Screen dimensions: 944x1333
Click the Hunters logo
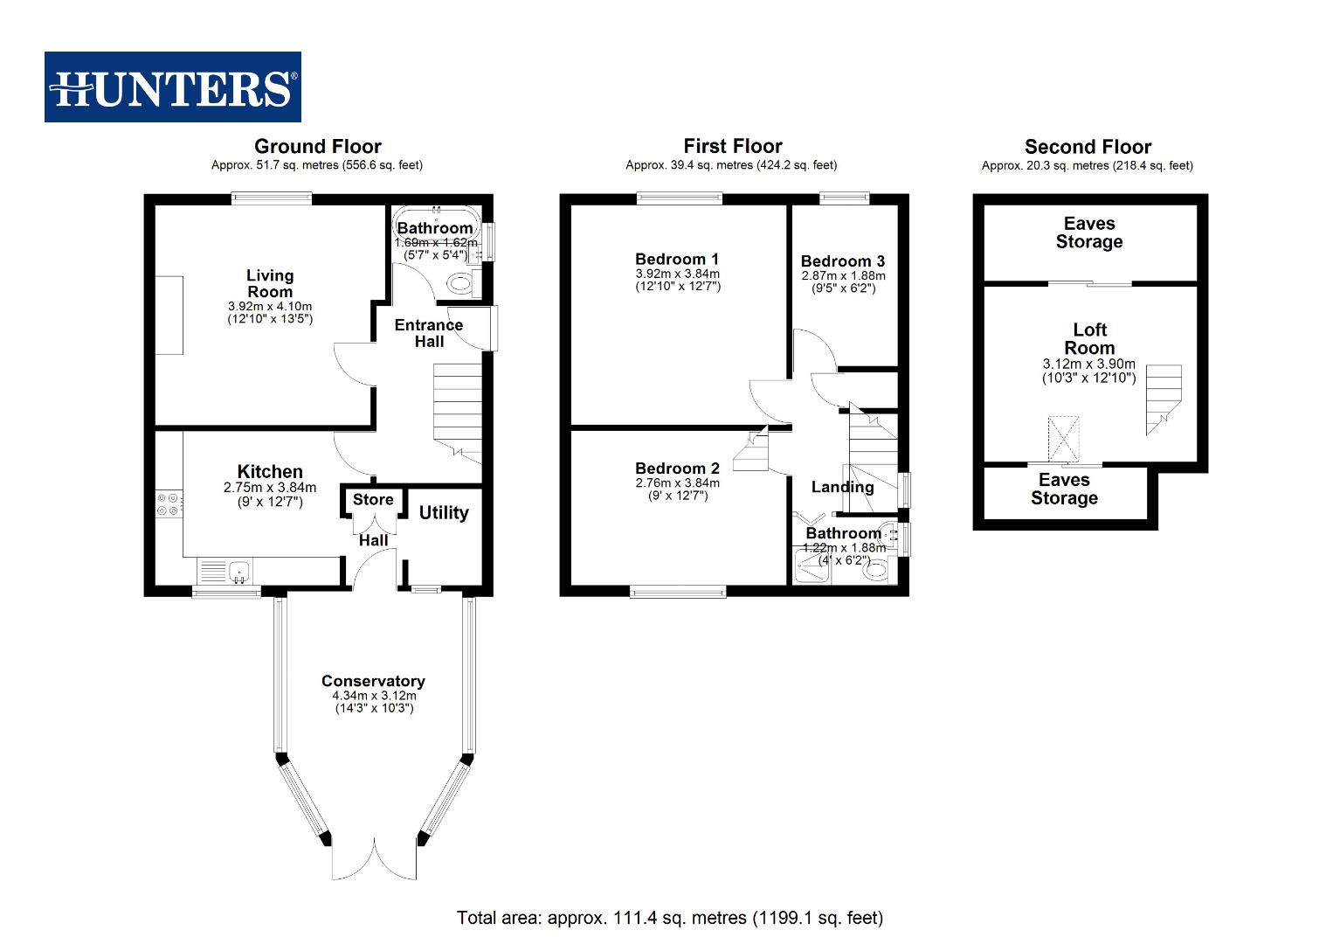pyautogui.click(x=172, y=87)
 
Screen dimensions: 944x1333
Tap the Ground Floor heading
pyautogui.click(x=317, y=146)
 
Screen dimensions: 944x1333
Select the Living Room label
pyautogui.click(x=269, y=283)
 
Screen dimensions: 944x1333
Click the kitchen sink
pyautogui.click(x=238, y=573)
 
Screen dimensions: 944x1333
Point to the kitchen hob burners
pyautogui.click(x=168, y=504)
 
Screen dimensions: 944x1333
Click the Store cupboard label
pyautogui.click(x=373, y=500)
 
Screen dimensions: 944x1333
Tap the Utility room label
pyautogui.click(x=444, y=513)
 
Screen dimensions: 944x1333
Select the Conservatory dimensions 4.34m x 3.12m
pyautogui.click(x=374, y=696)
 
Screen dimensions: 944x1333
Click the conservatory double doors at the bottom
pyautogui.click(x=374, y=860)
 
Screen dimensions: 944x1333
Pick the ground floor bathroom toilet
pyautogui.click(x=459, y=282)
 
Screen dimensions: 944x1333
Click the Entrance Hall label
pyautogui.click(x=428, y=333)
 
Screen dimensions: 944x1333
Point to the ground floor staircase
pyautogui.click(x=457, y=411)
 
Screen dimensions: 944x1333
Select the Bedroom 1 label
pyautogui.click(x=677, y=259)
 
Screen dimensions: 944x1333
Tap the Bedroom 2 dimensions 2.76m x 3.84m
pyautogui.click(x=677, y=482)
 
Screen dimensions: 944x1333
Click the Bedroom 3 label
pyautogui.click(x=842, y=261)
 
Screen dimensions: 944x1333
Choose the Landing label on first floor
pyautogui.click(x=842, y=487)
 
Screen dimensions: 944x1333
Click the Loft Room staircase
pyautogui.click(x=1163, y=398)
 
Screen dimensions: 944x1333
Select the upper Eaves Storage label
pyautogui.click(x=1089, y=233)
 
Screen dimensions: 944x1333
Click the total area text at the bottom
pyautogui.click(x=669, y=918)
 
